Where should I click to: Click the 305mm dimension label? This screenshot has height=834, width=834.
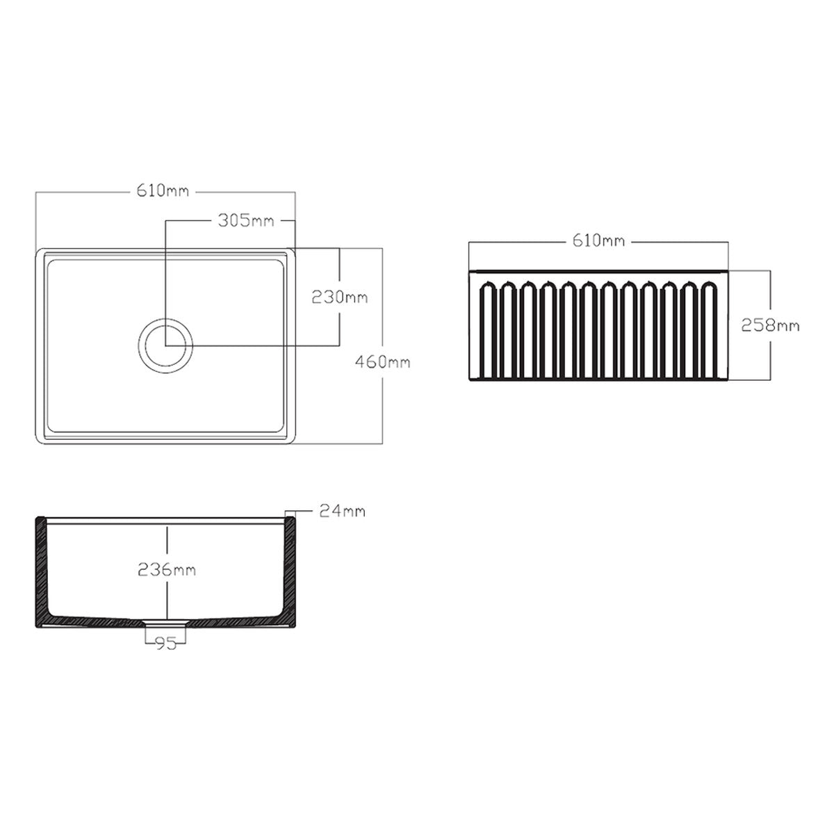245,221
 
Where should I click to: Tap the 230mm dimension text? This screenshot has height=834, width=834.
340,297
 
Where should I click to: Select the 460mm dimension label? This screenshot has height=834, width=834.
382,361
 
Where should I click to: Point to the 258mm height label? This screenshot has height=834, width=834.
770,325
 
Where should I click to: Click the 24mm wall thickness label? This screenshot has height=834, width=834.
343,511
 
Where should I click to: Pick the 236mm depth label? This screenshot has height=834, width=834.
167,569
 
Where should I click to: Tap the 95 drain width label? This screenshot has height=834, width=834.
166,644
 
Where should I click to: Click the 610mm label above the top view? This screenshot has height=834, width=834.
163,191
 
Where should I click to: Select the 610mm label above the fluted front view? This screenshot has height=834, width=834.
598,240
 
